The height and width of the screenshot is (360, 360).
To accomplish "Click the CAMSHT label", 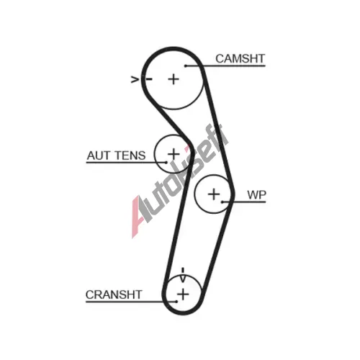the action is pos(240,58).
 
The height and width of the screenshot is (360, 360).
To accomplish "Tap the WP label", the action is pos(256,195).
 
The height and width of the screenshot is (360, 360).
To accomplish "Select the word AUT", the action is pos(98,156).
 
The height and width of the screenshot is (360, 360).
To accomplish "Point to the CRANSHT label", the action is pos(114,294).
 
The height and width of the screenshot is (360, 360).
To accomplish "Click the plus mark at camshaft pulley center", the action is pos(174,79).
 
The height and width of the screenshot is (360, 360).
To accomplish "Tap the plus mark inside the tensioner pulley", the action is pos(174,153).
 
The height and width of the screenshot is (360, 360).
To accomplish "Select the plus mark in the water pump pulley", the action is pos(214,194).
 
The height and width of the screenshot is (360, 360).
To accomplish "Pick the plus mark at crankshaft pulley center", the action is pos(183,294).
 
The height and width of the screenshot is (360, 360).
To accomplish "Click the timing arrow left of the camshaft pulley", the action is pos(135,79).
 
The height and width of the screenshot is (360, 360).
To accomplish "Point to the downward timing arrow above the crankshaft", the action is pos(183,275).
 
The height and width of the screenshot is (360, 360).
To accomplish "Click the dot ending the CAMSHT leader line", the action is pos(186,66).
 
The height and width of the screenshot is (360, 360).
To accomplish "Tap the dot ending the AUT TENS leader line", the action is pos(166,163).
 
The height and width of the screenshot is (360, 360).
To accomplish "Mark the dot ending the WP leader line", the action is pos(222,202).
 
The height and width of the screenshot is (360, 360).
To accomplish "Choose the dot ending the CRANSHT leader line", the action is pos(176,302).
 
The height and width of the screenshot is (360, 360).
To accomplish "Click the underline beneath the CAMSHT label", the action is pos(225,66).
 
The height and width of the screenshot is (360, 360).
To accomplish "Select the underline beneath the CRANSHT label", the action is pos(131,302).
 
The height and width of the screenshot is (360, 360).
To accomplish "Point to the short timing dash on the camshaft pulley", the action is pos(149,78).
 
